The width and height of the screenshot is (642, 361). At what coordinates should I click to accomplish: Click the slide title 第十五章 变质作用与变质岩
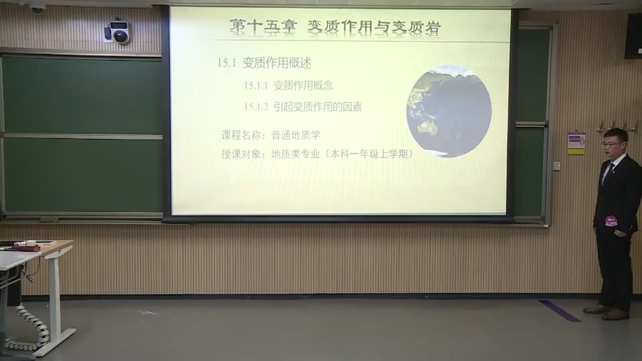[335, 27]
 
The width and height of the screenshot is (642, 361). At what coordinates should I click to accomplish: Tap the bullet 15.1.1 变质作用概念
[288, 86]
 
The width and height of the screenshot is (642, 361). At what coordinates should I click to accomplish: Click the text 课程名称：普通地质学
[271, 135]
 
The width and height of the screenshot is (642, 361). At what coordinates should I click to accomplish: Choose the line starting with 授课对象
[317, 154]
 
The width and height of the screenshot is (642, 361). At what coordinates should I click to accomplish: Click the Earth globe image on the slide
[449, 111]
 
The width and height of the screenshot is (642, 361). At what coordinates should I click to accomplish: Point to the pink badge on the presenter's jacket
[611, 221]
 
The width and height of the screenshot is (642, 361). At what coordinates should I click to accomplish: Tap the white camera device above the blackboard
[118, 31]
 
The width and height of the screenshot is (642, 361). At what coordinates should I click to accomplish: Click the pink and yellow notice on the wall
[576, 143]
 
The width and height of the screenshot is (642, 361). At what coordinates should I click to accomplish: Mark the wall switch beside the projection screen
[556, 166]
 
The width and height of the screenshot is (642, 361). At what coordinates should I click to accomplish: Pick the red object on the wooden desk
[27, 247]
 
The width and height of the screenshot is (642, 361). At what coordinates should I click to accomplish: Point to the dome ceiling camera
[37, 7]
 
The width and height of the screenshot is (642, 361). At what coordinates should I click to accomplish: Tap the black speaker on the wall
[633, 35]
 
